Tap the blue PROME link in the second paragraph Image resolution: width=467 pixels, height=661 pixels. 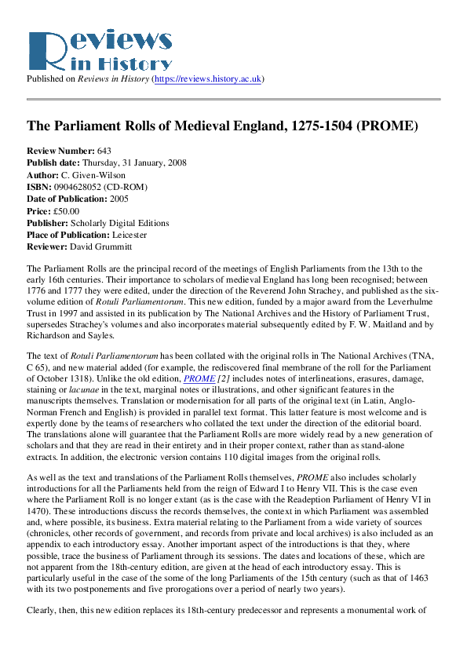(199, 378)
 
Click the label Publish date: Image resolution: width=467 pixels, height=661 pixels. (51, 163)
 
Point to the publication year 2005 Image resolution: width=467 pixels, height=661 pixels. (119, 199)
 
